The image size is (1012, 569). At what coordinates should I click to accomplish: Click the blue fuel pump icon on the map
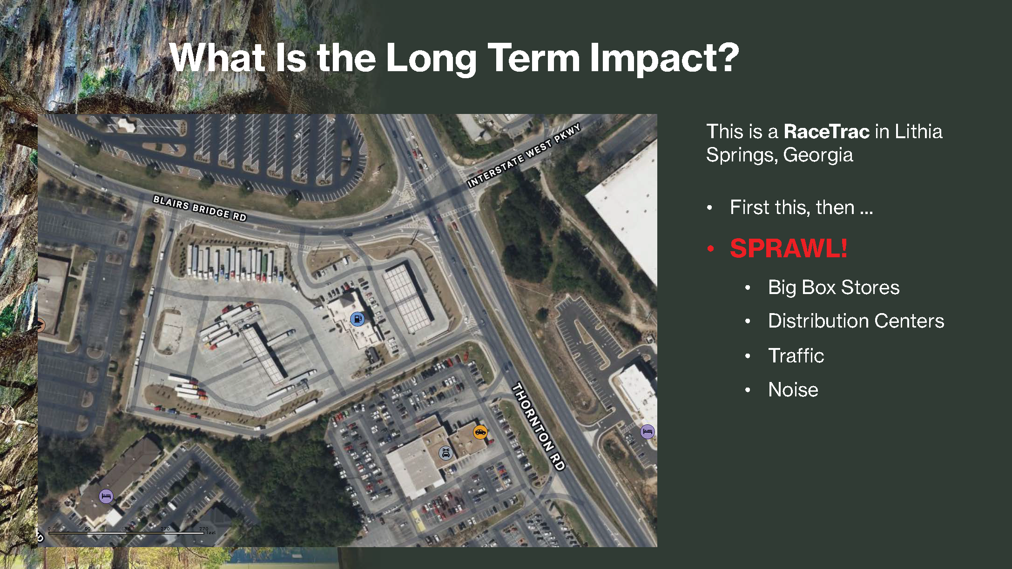[x=358, y=319]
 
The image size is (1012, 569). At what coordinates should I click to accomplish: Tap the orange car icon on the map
[x=480, y=432]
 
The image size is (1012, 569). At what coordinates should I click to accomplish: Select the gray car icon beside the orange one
[x=446, y=453]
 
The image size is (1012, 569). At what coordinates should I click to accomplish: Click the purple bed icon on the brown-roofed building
[x=106, y=496]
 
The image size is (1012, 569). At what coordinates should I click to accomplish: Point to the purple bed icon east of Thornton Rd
[x=648, y=431]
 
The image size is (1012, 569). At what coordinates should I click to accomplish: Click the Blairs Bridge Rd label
[x=200, y=208]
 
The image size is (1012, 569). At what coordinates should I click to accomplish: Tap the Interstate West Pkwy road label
[x=524, y=155]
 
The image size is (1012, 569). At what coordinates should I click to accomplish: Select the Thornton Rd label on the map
[x=539, y=427]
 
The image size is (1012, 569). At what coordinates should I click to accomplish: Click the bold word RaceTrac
[x=826, y=132]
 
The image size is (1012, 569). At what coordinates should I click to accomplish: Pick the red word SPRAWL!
[x=789, y=248]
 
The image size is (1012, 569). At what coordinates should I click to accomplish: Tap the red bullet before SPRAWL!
[x=710, y=249]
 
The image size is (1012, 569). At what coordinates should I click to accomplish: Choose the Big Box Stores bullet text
[x=834, y=288]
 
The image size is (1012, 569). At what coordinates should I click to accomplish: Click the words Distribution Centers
[x=856, y=321]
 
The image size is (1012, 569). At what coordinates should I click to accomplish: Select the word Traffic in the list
[x=796, y=355]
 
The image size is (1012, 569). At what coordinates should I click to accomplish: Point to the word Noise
[x=793, y=389]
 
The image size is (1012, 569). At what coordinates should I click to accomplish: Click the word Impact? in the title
[x=664, y=58]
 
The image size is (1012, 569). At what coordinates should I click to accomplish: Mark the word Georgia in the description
[x=818, y=155]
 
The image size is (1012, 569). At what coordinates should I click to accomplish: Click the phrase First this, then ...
[x=792, y=208]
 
